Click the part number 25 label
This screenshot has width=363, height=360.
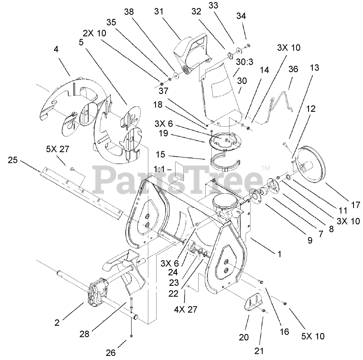click(x=13, y=160)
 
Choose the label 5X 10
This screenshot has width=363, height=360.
click(x=312, y=336)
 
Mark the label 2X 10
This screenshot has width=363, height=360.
click(x=95, y=33)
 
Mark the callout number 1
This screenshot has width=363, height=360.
click(x=280, y=254)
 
